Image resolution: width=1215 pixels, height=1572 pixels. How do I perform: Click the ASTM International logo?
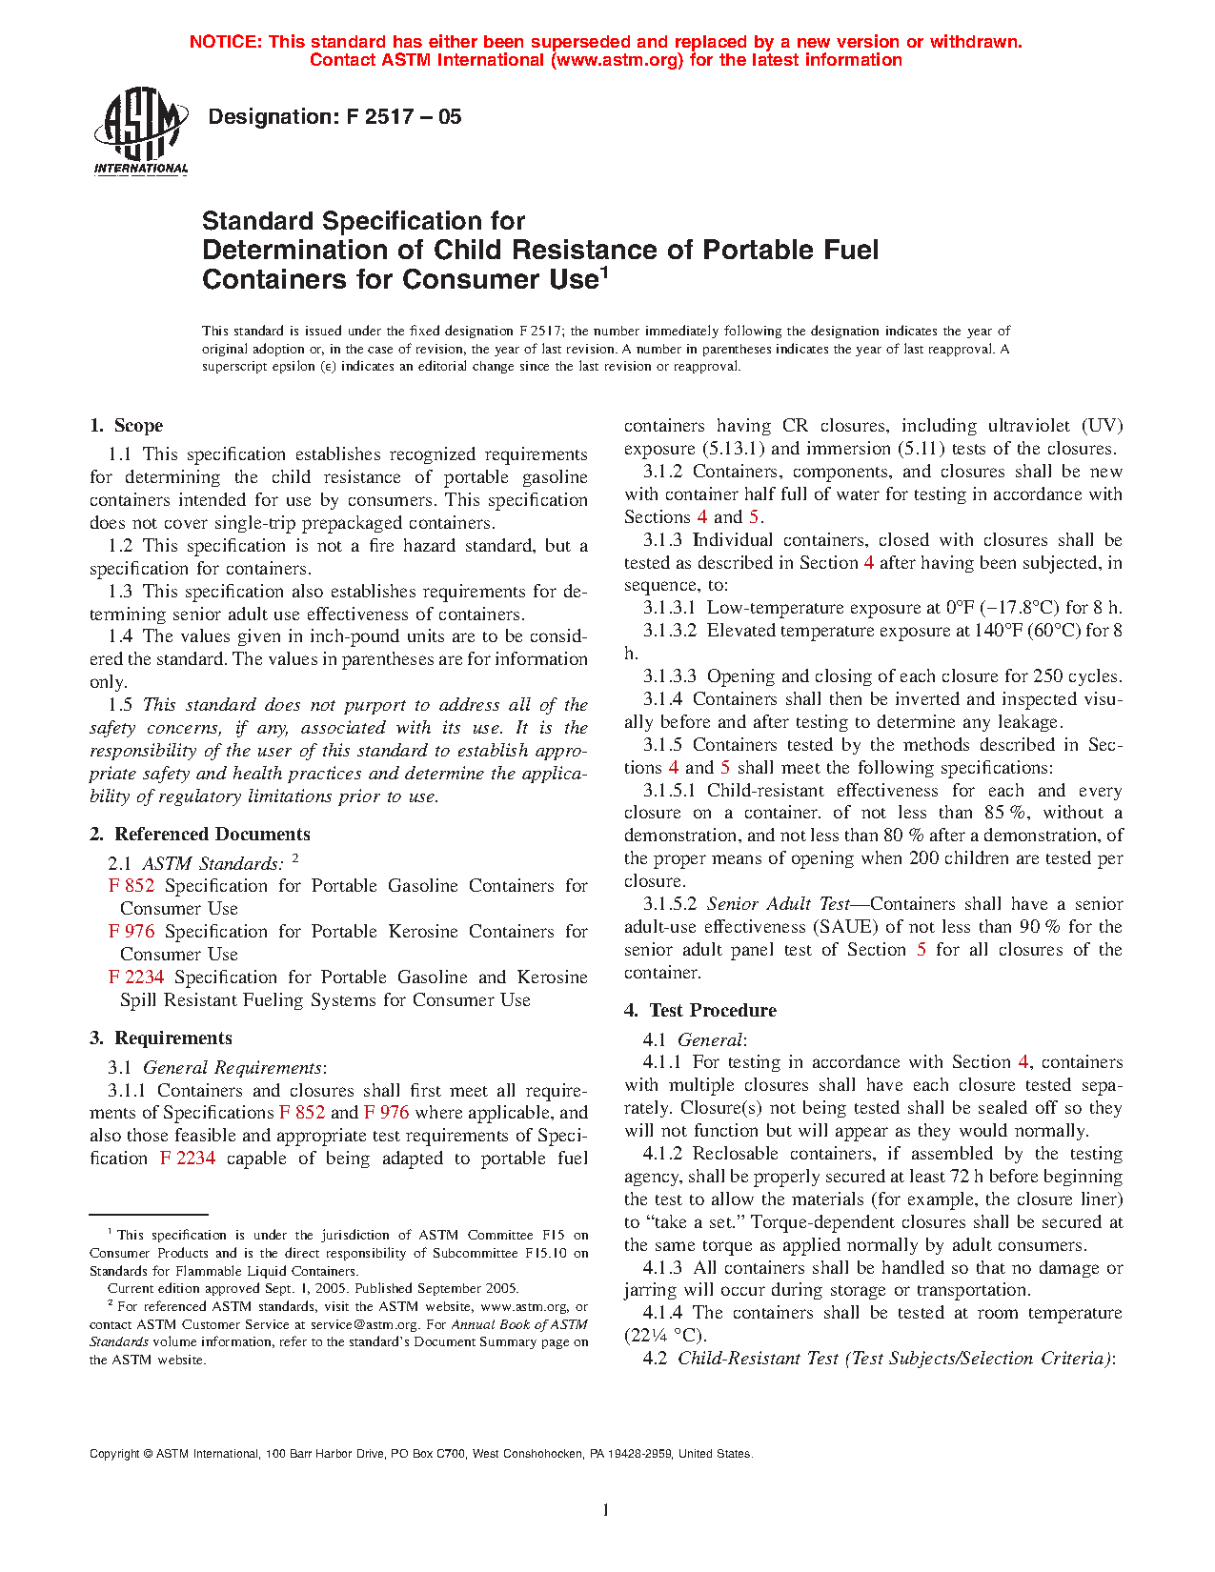141,131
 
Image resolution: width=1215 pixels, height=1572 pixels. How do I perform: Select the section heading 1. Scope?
127,426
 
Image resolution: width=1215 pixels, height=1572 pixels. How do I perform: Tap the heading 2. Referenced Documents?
200,835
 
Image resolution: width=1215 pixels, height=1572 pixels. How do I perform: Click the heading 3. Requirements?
161,1038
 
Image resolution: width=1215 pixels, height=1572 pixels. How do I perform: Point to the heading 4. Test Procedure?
700,1011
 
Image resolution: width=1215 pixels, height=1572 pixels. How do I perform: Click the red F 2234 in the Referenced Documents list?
136,977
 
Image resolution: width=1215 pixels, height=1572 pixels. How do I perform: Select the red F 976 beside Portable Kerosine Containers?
132,932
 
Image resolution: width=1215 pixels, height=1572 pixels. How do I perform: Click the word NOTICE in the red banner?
225,42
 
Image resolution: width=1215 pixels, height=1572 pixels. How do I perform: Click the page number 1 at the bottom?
605,1509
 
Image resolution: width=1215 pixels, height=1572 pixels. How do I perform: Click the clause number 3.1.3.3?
670,676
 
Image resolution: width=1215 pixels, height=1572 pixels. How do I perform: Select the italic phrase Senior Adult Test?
777,904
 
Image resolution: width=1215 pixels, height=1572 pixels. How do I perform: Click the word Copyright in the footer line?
114,1454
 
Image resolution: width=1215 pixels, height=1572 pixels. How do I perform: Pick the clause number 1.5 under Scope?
120,705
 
